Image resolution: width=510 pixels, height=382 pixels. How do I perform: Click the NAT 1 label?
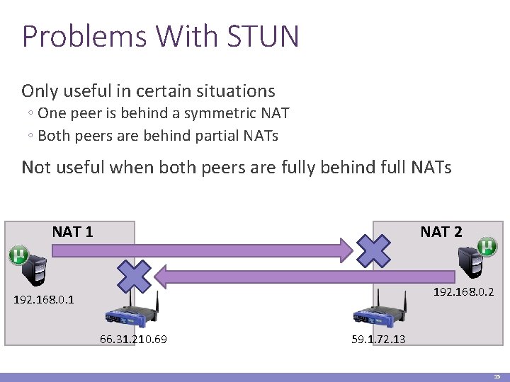(x=72, y=231)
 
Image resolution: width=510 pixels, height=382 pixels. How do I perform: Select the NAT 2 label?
(x=441, y=231)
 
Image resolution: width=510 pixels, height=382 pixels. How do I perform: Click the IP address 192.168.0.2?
(x=463, y=291)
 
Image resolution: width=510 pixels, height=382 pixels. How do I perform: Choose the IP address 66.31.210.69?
(x=133, y=340)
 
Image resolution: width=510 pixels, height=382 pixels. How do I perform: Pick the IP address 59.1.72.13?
(x=378, y=340)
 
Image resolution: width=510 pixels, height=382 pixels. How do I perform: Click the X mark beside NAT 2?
(x=373, y=248)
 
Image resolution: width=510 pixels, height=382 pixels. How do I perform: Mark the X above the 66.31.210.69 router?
(x=135, y=276)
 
